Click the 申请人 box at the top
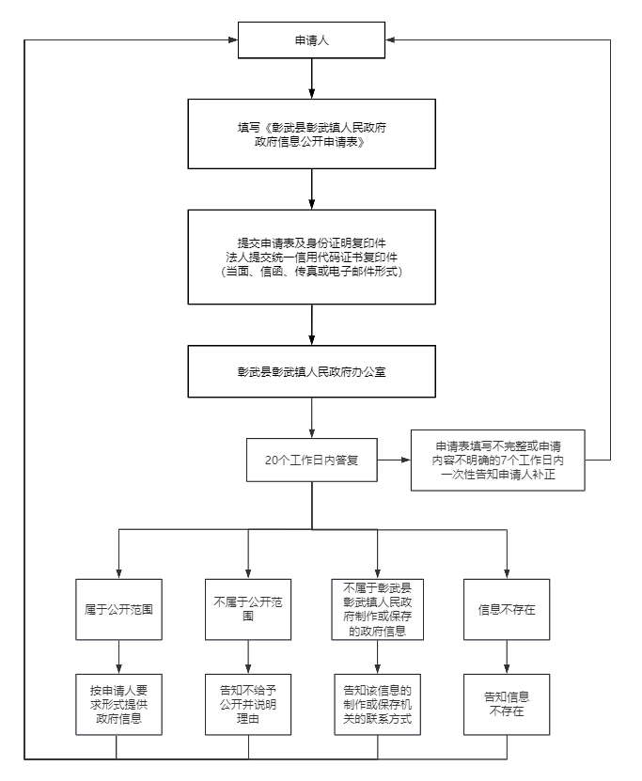[x=311, y=39]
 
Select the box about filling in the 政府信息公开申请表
[x=311, y=133]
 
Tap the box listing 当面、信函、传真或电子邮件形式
[x=311, y=257]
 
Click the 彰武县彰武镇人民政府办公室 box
[x=311, y=371]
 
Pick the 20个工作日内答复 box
[x=311, y=460]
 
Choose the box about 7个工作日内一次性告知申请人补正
[x=497, y=460]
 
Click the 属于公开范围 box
[x=118, y=609]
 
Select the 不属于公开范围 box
[x=248, y=609]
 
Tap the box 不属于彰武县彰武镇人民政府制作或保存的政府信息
[x=378, y=609]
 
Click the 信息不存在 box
[x=507, y=609]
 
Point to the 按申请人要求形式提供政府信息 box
[x=118, y=704]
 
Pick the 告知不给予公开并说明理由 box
[x=248, y=704]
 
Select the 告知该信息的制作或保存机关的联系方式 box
[x=378, y=704]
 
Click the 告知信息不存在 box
[x=507, y=704]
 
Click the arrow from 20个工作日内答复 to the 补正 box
[x=394, y=460]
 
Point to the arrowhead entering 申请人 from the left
[x=232, y=39]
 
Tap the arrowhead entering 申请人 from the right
[x=390, y=39]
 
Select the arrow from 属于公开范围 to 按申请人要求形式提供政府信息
[x=118, y=657]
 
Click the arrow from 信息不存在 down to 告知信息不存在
[x=507, y=657]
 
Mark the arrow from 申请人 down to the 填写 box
[x=311, y=79]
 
